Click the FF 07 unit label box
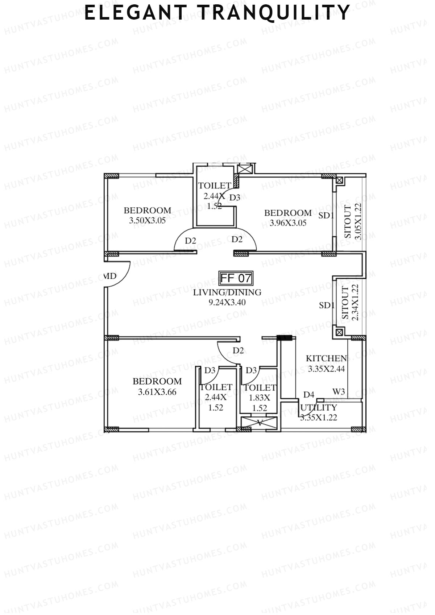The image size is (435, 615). [236, 278]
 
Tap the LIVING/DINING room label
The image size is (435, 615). [227, 292]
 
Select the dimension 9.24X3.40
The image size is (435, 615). [227, 302]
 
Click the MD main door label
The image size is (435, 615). [110, 276]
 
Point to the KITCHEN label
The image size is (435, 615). [326, 358]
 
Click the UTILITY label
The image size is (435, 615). [319, 408]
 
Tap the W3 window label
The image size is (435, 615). [339, 391]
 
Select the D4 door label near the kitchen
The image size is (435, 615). [308, 394]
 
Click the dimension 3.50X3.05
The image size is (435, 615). [147, 220]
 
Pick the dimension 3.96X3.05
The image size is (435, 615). [288, 223]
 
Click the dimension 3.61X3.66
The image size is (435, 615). [157, 392]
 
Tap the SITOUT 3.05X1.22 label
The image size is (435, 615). [352, 221]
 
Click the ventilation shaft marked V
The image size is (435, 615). [259, 423]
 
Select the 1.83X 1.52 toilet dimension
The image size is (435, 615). [259, 403]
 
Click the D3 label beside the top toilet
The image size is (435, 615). [235, 198]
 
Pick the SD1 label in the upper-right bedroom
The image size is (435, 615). [326, 216]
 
